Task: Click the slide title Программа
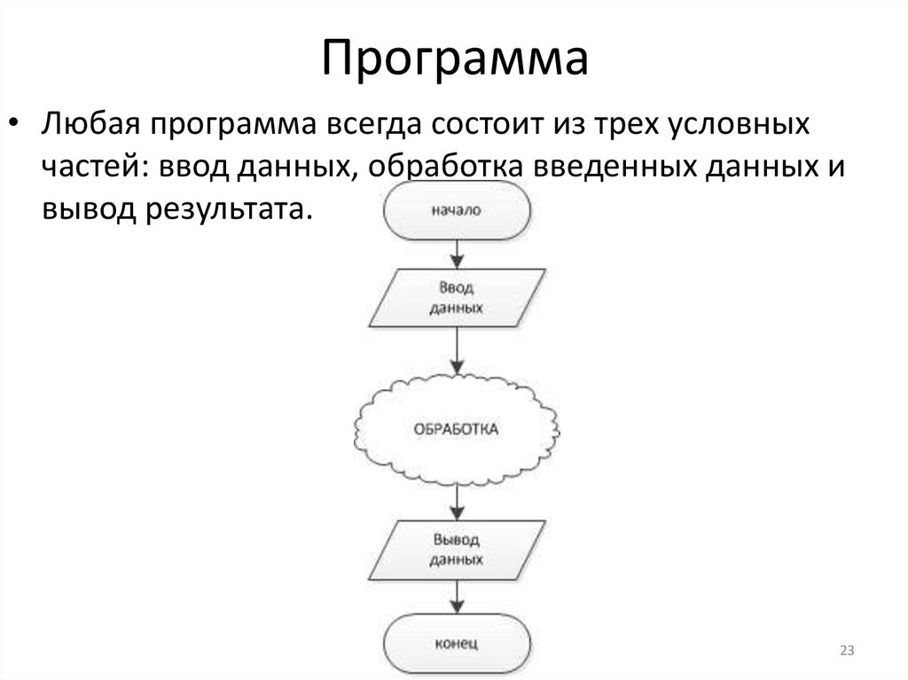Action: tap(455, 58)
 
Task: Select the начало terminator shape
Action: tap(457, 212)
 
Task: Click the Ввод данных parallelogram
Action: tap(457, 299)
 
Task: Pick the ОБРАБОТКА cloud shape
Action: tap(457, 429)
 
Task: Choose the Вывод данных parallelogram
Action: tap(457, 551)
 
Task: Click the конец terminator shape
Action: tap(457, 640)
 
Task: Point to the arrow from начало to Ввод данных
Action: tap(457, 254)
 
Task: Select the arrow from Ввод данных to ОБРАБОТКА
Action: tap(457, 350)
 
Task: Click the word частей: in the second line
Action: tap(95, 167)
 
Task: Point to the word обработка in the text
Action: tap(446, 167)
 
